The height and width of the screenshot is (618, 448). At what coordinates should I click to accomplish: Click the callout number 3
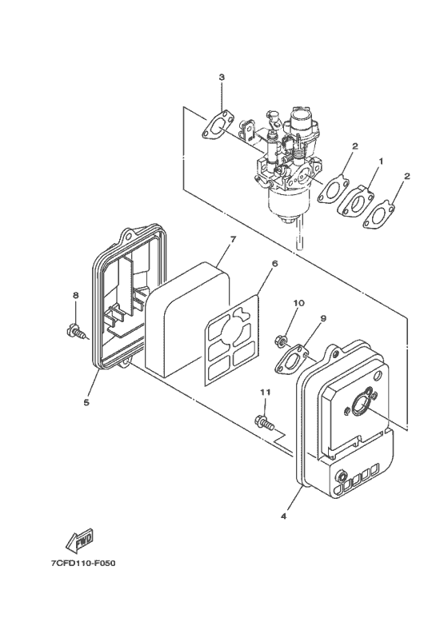pyautogui.click(x=222, y=77)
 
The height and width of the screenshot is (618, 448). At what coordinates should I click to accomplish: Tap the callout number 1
pyautogui.click(x=381, y=161)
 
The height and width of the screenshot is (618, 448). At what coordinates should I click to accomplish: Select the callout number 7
pyautogui.click(x=232, y=238)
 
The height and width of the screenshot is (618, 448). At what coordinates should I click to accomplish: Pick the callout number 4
pyautogui.click(x=284, y=516)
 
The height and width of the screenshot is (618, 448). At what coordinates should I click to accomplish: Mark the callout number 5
pyautogui.click(x=86, y=402)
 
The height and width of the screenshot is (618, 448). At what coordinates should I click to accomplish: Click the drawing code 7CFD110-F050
pyautogui.click(x=83, y=564)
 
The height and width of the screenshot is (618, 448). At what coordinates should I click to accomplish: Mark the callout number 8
pyautogui.click(x=76, y=295)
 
